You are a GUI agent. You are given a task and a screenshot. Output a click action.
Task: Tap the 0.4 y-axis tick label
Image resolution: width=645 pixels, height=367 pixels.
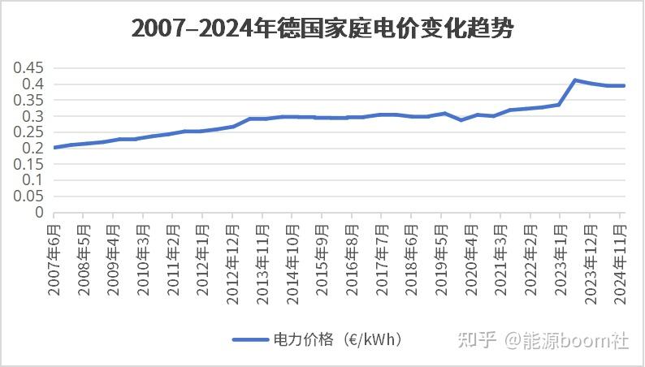pyautogui.click(x=32, y=84)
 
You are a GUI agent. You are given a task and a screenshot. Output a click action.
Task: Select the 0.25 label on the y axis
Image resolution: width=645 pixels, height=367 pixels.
pyautogui.click(x=28, y=132)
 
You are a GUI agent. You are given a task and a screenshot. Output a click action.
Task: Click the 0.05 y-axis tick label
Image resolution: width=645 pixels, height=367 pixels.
pyautogui.click(x=28, y=196)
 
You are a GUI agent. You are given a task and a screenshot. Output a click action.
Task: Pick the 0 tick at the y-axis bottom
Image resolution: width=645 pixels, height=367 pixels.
pyautogui.click(x=38, y=212)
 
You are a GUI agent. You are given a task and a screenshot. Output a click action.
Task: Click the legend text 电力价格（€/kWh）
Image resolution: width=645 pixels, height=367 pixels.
pyautogui.click(x=336, y=339)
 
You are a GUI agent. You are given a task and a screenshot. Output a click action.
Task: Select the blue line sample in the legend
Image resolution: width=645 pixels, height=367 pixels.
pyautogui.click(x=249, y=340)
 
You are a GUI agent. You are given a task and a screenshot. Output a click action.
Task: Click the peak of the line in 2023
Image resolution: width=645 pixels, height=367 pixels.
pyautogui.click(x=575, y=80)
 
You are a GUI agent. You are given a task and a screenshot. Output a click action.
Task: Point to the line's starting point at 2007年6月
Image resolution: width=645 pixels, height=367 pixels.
pyautogui.click(x=54, y=147)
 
